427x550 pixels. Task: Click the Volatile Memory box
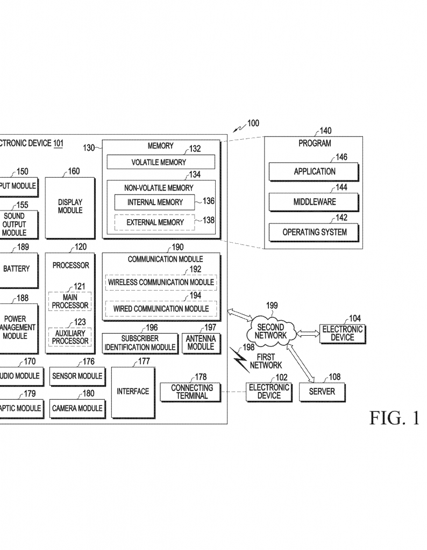[x=161, y=162]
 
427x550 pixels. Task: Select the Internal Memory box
[x=155, y=202]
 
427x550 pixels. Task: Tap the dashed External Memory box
[x=155, y=222]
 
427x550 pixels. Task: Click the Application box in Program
[x=314, y=172]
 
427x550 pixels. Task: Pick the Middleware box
[x=314, y=202]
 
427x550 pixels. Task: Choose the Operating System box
[x=314, y=232]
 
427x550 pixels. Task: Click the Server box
[x=322, y=392]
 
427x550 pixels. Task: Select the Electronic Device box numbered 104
[x=342, y=333]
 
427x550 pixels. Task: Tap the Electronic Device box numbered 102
[x=269, y=392]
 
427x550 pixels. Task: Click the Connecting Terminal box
[x=192, y=392]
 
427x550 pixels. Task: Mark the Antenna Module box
[x=201, y=343]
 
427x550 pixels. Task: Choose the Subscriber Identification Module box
[x=140, y=343]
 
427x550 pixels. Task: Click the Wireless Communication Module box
[x=161, y=282]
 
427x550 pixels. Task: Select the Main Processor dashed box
[x=70, y=301]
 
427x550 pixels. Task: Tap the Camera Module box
[x=77, y=408]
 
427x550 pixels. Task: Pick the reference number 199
[x=272, y=306]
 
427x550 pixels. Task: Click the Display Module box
[x=70, y=207]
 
